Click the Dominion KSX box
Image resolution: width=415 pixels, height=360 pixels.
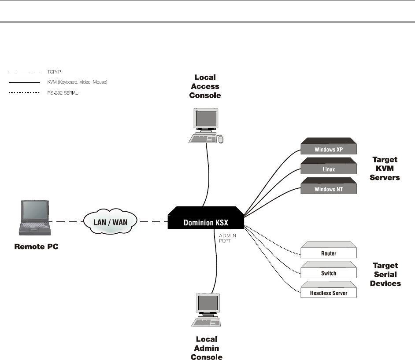(205, 219)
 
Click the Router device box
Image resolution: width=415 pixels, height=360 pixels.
(328, 252)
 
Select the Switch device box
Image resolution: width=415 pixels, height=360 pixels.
(328, 272)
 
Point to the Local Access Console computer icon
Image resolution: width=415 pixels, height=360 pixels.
(204, 125)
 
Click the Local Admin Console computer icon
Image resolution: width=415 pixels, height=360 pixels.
(205, 310)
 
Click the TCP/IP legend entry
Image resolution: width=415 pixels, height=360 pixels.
(54, 70)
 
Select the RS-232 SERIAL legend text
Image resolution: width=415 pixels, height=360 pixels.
(63, 93)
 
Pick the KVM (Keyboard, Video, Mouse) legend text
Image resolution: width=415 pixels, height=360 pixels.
(77, 82)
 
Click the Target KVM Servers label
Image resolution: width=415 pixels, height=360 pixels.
(385, 169)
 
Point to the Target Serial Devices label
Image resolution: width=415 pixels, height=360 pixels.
(385, 275)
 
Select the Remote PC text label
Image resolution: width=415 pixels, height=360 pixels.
(35, 247)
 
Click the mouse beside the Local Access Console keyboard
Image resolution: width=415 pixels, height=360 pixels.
(221, 140)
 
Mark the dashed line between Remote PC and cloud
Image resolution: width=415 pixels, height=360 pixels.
(65, 221)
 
